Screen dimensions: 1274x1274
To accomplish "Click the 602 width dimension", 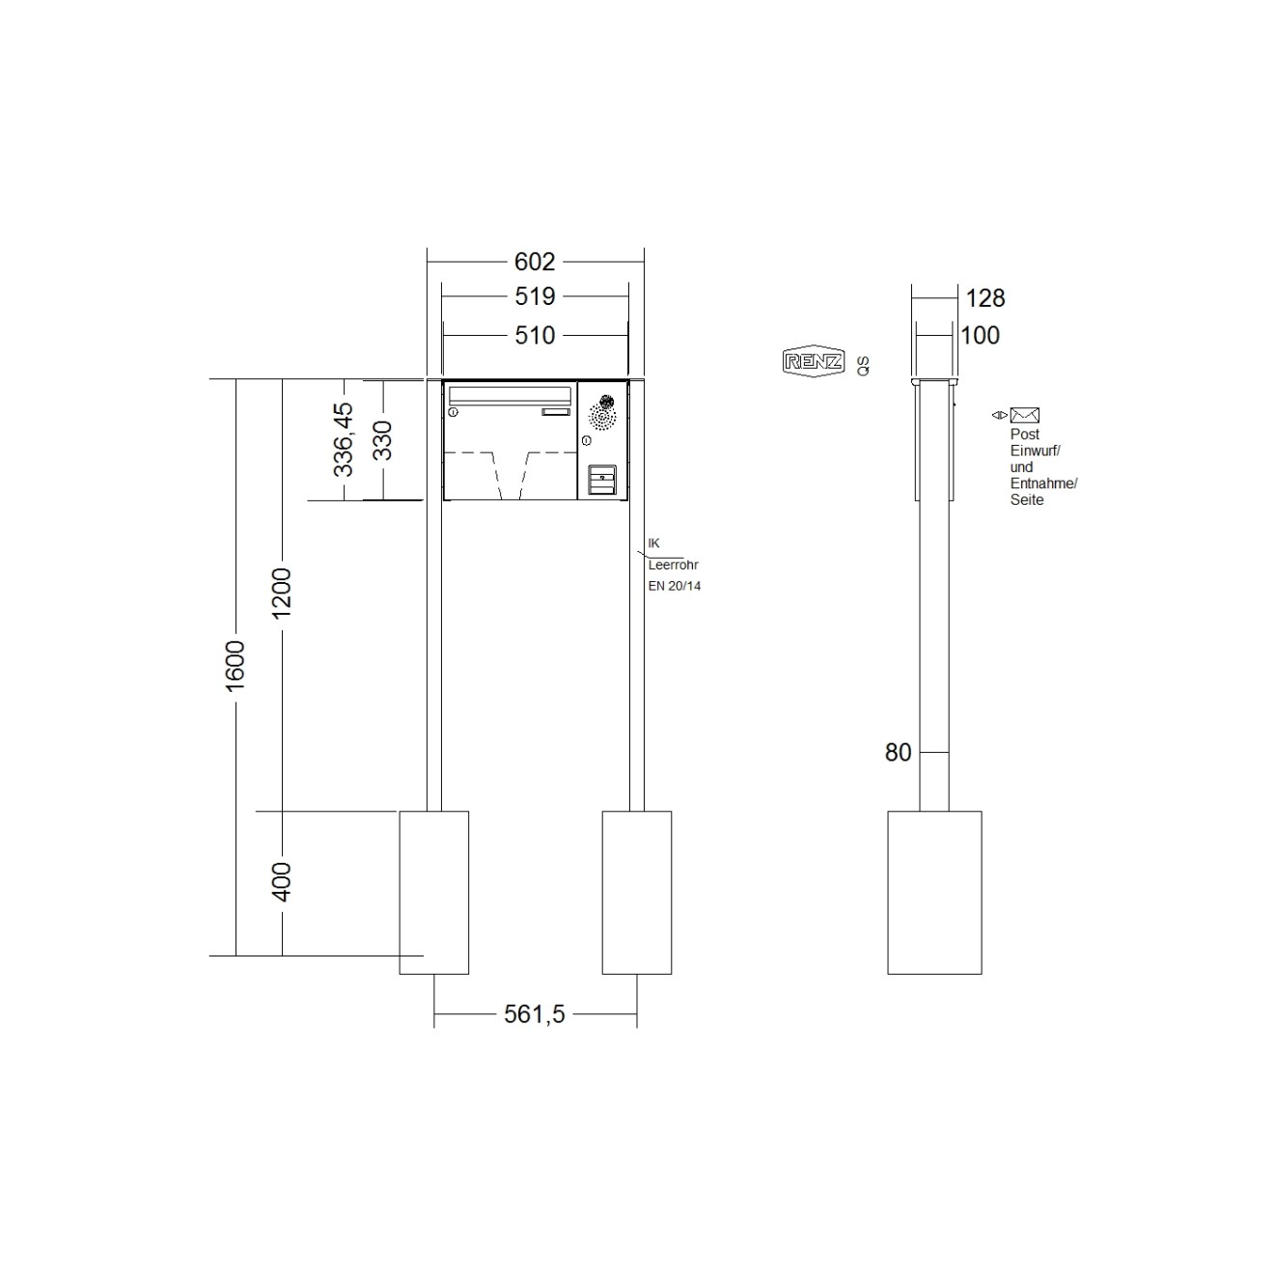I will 535,262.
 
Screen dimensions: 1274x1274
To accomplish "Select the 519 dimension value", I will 535,296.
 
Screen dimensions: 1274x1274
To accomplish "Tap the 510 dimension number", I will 535,335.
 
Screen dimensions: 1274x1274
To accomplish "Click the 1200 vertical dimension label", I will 282,594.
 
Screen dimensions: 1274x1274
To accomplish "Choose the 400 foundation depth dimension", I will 282,881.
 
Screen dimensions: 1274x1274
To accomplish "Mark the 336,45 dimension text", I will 344,440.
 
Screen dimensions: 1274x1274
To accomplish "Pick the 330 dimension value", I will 383,440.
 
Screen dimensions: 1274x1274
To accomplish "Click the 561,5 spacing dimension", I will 535,1014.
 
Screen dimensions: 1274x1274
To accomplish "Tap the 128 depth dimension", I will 984,298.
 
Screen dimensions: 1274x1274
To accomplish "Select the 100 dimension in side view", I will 980,336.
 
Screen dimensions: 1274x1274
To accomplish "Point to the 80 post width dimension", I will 898,753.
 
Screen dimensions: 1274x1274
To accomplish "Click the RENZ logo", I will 813,362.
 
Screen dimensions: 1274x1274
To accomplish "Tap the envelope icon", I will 1024,415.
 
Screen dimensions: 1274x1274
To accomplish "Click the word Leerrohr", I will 673,565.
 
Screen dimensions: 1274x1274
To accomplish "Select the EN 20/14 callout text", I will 675,586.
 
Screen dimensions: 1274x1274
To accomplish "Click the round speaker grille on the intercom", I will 603,414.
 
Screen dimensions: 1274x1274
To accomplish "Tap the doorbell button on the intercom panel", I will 602,479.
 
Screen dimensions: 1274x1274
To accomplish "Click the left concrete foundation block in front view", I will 434,892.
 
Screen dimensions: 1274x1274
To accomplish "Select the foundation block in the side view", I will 934,892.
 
